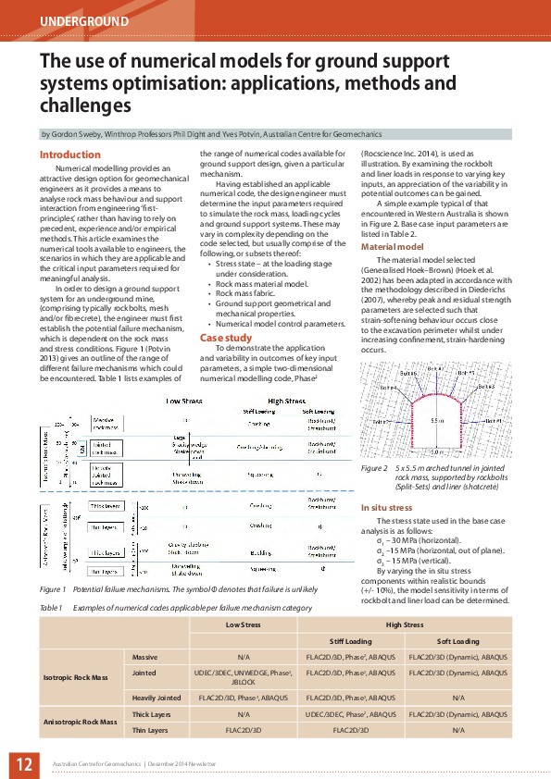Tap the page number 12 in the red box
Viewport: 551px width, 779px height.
[23, 763]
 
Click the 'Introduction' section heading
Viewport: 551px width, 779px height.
[70, 155]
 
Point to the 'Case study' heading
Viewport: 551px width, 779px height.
[226, 338]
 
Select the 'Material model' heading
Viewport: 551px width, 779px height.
[392, 247]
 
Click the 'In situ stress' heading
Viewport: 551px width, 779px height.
[388, 508]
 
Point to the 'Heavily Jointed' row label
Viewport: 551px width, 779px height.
[157, 698]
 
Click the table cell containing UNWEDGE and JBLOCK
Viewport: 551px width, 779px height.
[244, 677]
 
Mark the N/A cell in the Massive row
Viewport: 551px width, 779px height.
[244, 656]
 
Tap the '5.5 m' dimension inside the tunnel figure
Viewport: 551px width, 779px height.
[437, 421]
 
